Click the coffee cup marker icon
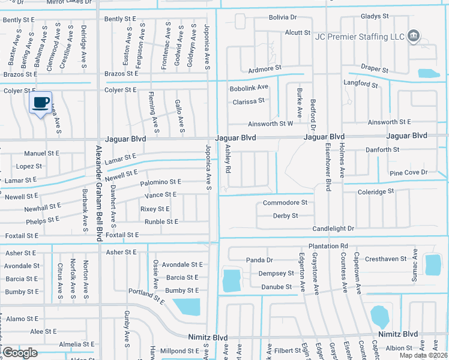pyautogui.click(x=41, y=103)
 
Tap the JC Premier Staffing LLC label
pyautogui.click(x=360, y=37)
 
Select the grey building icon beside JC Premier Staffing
pyautogui.click(x=413, y=37)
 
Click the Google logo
pyautogui.click(x=20, y=353)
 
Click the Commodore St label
pyautogui.click(x=285, y=203)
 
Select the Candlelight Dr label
pyautogui.click(x=333, y=229)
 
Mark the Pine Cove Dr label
pyautogui.click(x=408, y=172)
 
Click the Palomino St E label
pyautogui.click(x=160, y=181)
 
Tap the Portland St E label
pyautogui.click(x=146, y=295)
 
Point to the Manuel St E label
pyautogui.click(x=41, y=153)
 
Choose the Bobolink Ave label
pyautogui.click(x=249, y=88)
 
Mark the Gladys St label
pyautogui.click(x=375, y=16)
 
